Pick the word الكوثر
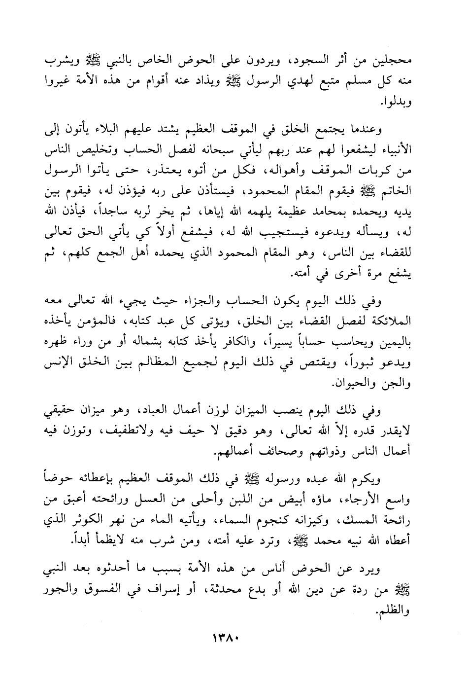[x=98, y=520]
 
